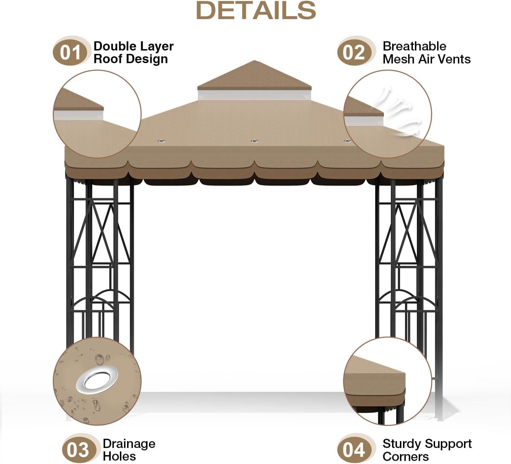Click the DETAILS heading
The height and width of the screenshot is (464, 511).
pyautogui.click(x=256, y=11)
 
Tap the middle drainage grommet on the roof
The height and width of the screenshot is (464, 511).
pyautogui.click(x=254, y=141)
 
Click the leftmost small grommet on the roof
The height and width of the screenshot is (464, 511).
pyautogui.click(x=161, y=141)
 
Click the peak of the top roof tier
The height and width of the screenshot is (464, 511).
pyautogui.click(x=254, y=60)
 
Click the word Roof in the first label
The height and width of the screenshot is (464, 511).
pyautogui.click(x=108, y=59)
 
